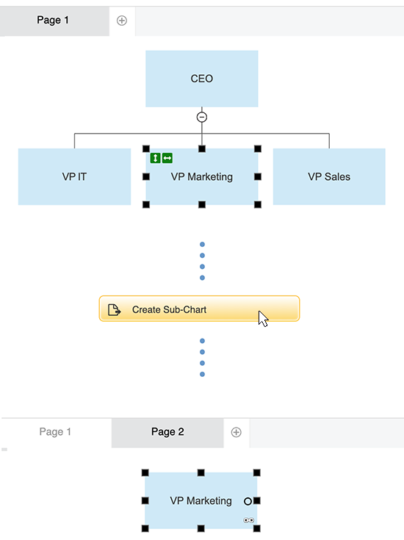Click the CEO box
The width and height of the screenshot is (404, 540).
(x=201, y=79)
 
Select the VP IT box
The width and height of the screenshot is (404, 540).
(x=74, y=177)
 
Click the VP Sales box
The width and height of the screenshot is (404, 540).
(x=328, y=177)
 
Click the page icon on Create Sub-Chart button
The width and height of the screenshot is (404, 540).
(x=114, y=310)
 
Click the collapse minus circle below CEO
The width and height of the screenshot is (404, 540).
(x=202, y=117)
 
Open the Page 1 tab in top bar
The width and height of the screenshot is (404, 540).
(x=53, y=21)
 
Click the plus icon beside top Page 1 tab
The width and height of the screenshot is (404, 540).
(x=122, y=21)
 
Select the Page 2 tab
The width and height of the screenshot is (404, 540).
(x=167, y=432)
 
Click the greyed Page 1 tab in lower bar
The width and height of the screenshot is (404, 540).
(x=55, y=432)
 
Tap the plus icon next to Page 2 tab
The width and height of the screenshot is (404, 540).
(x=236, y=432)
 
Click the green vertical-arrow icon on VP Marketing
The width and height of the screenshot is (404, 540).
(x=155, y=158)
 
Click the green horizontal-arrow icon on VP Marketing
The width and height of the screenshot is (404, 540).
(x=167, y=158)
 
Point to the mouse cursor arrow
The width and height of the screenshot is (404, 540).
(x=262, y=317)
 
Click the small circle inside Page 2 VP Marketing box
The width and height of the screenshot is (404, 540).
(x=248, y=501)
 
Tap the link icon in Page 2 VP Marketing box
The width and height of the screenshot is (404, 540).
(x=248, y=520)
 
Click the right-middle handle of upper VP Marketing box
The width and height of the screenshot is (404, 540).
(x=258, y=177)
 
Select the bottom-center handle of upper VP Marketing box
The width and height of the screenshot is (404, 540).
(x=201, y=205)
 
